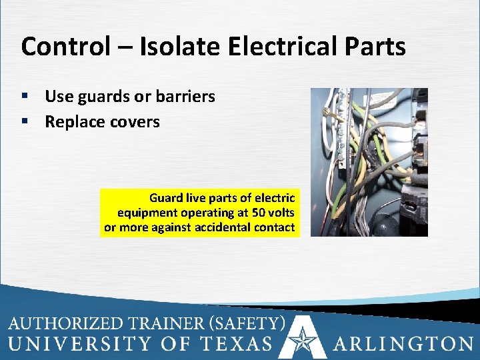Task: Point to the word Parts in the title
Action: [377, 47]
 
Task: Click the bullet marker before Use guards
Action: [25, 97]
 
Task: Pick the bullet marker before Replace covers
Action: [25, 123]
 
